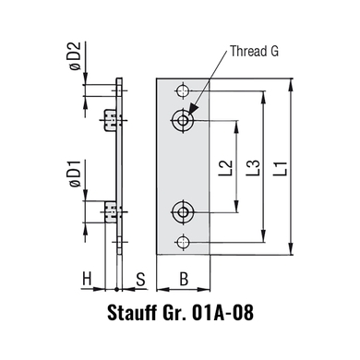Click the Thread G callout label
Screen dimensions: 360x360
click(x=254, y=51)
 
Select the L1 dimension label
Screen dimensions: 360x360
click(x=282, y=168)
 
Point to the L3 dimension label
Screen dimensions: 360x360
click(x=254, y=168)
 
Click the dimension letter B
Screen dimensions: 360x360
click(x=184, y=280)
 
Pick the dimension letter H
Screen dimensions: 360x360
click(x=87, y=280)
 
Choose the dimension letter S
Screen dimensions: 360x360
click(x=140, y=280)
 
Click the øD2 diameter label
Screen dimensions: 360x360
click(x=75, y=55)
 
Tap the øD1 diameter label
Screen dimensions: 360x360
click(x=75, y=174)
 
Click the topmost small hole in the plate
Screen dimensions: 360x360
click(x=183, y=90)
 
